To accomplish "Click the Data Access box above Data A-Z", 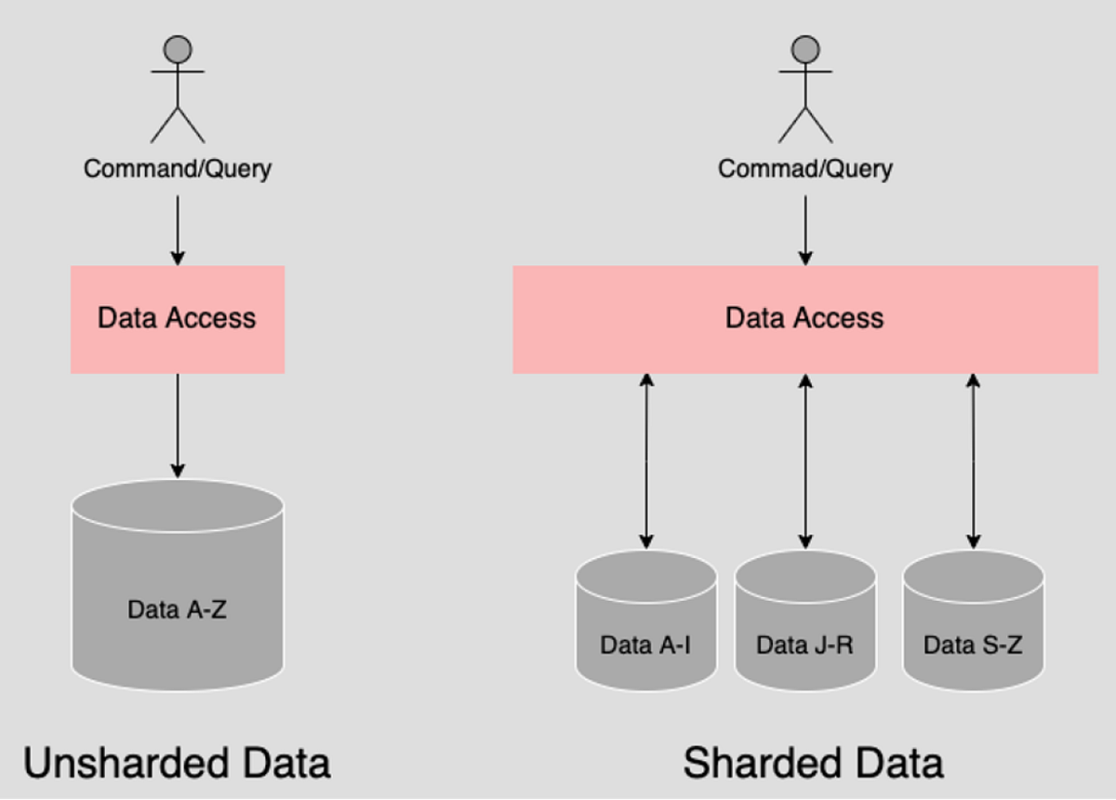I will [177, 319].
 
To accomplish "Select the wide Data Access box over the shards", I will [804, 319].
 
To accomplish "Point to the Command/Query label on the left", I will [177, 168].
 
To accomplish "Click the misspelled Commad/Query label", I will [804, 168].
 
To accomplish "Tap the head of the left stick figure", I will [177, 48].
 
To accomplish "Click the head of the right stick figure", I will [805, 48].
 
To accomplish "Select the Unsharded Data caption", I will [177, 763].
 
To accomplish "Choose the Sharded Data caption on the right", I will [813, 763].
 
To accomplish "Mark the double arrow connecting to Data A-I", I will [646, 460].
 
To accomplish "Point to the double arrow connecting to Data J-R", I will [805, 460].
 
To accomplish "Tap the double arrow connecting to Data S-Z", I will [973, 460].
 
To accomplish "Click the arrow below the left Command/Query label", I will [177, 228].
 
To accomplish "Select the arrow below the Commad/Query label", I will [805, 228].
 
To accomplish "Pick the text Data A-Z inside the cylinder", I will [177, 611].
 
